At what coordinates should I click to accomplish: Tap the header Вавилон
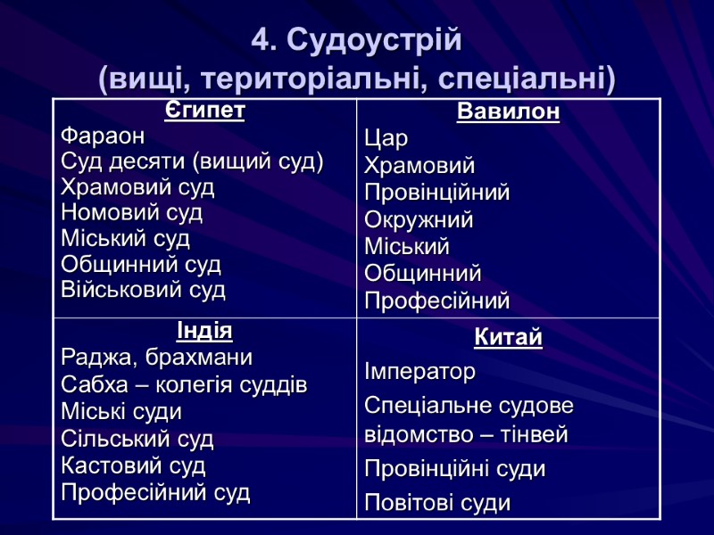pyautogui.click(x=508, y=113)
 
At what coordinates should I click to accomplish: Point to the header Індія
pyautogui.click(x=204, y=332)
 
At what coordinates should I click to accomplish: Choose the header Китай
pyautogui.click(x=508, y=339)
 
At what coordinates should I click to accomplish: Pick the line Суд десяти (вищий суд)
pyautogui.click(x=192, y=162)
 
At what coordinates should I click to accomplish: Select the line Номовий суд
pyautogui.click(x=131, y=213)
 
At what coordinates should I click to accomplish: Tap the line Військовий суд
pyautogui.click(x=144, y=290)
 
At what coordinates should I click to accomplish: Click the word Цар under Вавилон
pyautogui.click(x=386, y=139)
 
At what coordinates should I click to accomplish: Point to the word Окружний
pyautogui.click(x=419, y=219)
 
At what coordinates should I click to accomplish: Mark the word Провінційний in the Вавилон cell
pyautogui.click(x=436, y=193)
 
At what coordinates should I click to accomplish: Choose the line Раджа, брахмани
pyautogui.click(x=156, y=358)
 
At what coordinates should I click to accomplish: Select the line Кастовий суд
pyautogui.click(x=133, y=465)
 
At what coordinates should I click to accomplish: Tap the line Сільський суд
pyautogui.click(x=137, y=439)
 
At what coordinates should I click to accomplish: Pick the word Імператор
pyautogui.click(x=419, y=371)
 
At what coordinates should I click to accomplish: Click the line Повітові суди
pyautogui.click(x=437, y=503)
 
